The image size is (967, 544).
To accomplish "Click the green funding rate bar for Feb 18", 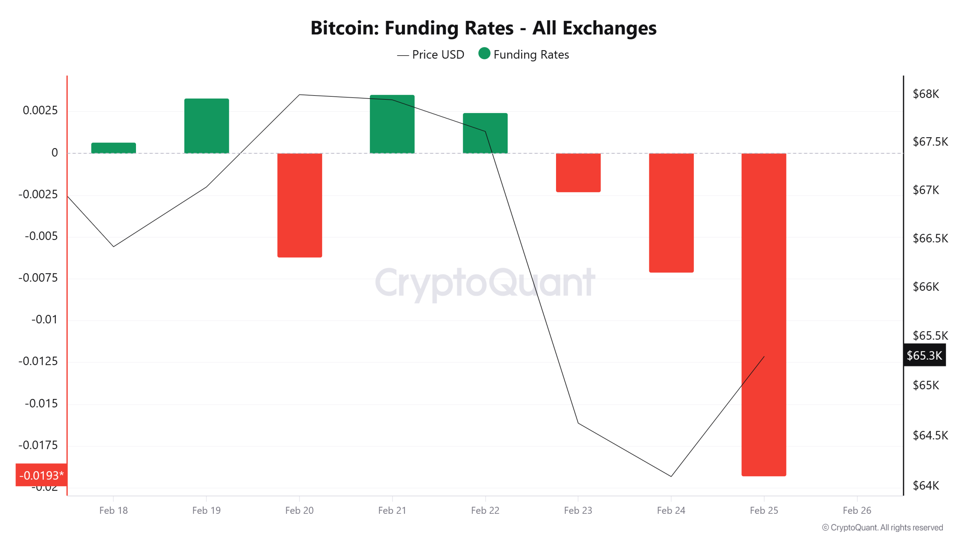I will (113, 148).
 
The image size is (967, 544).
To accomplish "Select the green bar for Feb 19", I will (206, 126).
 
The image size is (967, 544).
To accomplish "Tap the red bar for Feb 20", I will (300, 205).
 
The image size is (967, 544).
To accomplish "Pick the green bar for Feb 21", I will (392, 124).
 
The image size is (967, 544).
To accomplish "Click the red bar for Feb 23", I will (578, 173).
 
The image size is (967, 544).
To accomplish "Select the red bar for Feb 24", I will (671, 213).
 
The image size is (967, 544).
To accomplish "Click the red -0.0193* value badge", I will (41, 475).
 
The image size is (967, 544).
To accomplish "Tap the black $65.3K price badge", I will (924, 355).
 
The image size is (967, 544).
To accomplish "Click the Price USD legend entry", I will (431, 55).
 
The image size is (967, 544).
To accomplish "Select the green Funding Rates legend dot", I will (484, 54).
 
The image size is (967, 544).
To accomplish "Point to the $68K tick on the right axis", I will (925, 94).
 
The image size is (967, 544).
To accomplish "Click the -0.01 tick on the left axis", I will (44, 320).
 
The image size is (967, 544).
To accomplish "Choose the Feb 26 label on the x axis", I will (857, 510).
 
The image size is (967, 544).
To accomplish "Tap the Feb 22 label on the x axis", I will (485, 510).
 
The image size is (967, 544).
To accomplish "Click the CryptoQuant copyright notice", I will (882, 527).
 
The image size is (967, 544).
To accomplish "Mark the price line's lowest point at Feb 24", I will (671, 476).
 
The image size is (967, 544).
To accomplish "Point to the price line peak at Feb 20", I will (300, 95).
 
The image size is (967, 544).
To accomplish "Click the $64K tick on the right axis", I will (925, 485).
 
